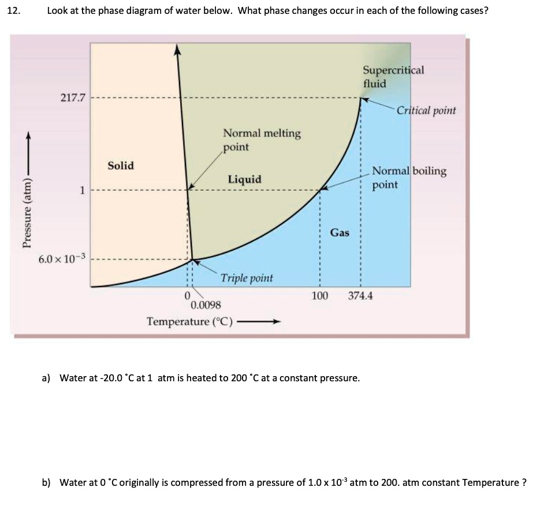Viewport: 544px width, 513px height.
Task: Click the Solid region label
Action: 121,166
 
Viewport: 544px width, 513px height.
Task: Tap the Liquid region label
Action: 244,179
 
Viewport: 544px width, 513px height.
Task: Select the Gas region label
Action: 340,232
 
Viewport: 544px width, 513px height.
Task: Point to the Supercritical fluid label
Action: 393,76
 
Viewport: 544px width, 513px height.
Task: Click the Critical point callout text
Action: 426,110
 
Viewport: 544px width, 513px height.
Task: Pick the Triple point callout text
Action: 247,278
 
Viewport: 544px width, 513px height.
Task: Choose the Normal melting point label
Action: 262,140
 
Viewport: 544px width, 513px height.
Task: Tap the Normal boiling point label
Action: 409,177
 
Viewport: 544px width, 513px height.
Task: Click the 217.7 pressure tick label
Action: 73,98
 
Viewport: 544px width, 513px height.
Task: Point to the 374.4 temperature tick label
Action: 360,296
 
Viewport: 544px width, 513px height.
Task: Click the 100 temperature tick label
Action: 320,296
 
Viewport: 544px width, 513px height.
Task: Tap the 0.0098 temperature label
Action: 204,305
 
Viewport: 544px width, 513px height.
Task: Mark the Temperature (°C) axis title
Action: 189,321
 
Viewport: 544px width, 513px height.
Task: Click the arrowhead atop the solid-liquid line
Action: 178,50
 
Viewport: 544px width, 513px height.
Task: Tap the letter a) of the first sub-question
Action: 46,378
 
